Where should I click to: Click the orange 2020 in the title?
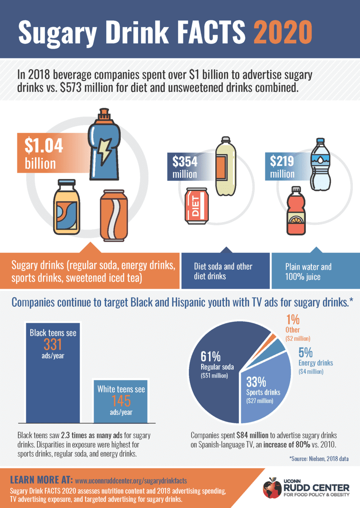tap(283, 32)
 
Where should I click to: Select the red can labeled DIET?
tap(197, 206)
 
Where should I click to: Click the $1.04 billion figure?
tap(44, 153)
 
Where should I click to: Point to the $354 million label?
tap(185, 167)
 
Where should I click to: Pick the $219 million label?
tap(282, 167)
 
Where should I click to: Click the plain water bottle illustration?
tap(320, 164)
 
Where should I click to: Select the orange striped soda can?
tap(114, 215)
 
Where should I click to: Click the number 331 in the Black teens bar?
tap(53, 344)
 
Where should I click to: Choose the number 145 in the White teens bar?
tap(121, 401)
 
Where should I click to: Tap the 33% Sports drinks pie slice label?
tap(263, 390)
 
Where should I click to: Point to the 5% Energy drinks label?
tap(316, 361)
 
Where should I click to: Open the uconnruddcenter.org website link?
tap(131, 480)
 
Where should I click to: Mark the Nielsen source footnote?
tap(319, 459)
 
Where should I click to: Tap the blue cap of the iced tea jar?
tap(66, 182)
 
